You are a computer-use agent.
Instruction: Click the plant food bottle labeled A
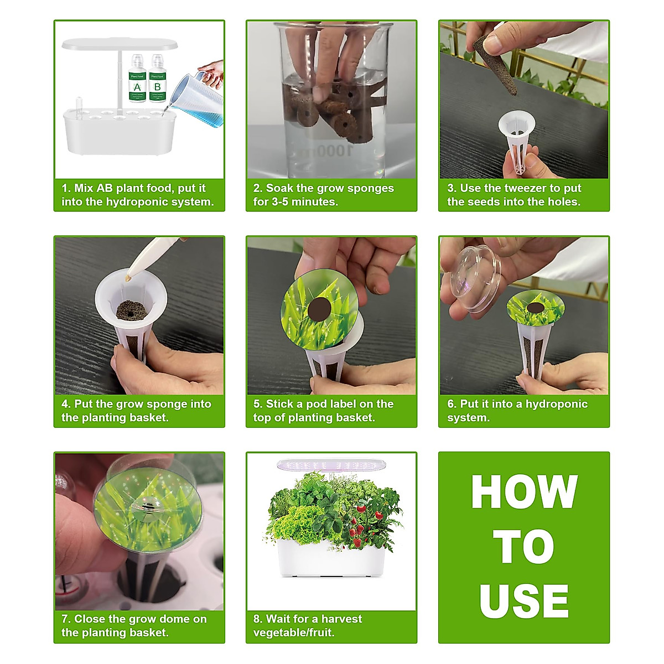pyautogui.click(x=137, y=78)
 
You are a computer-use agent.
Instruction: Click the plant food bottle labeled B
pyautogui.click(x=158, y=78)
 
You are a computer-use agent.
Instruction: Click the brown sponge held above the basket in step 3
pyautogui.click(x=495, y=65)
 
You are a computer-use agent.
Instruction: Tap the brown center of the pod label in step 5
pyautogui.click(x=319, y=309)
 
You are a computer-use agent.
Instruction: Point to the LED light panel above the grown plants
pyautogui.click(x=331, y=465)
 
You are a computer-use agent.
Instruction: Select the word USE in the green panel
pyautogui.click(x=524, y=601)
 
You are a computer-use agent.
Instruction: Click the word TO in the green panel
pyautogui.click(x=524, y=547)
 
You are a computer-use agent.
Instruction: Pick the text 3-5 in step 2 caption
pyautogui.click(x=280, y=201)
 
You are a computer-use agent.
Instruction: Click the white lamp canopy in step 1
pyautogui.click(x=120, y=44)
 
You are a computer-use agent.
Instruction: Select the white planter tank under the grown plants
pyautogui.click(x=331, y=558)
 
